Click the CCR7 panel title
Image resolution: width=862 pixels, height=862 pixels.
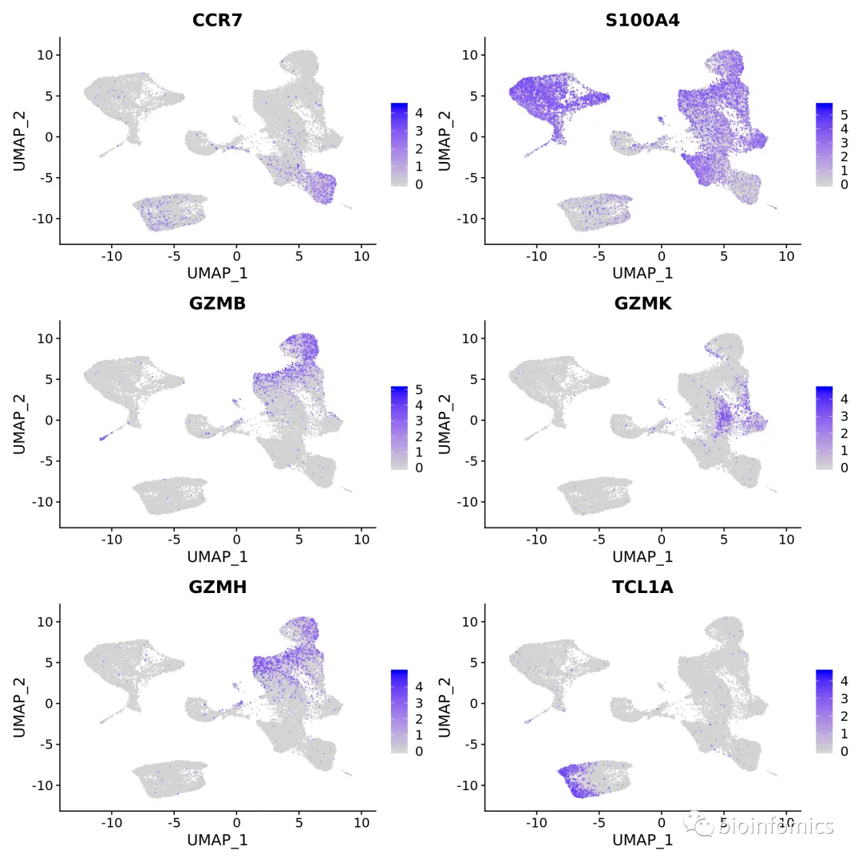(x=217, y=20)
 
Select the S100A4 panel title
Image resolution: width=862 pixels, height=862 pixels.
(x=643, y=20)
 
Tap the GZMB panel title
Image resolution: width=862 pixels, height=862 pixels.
(x=217, y=304)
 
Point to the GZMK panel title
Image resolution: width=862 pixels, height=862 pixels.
(x=643, y=304)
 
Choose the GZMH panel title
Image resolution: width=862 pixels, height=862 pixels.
(x=217, y=587)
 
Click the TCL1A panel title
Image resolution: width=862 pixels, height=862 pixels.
(x=643, y=587)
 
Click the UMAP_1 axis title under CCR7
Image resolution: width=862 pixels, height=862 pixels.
(x=217, y=273)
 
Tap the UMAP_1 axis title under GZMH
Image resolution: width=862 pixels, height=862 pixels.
(x=217, y=840)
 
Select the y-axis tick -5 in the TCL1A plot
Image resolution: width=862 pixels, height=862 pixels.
(x=469, y=744)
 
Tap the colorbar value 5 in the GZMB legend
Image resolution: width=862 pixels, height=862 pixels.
(x=419, y=389)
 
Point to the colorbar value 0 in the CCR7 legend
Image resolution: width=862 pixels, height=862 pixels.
(x=419, y=184)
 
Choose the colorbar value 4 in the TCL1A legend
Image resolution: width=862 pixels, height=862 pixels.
(x=844, y=682)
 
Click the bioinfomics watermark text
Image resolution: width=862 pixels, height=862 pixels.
(x=775, y=826)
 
